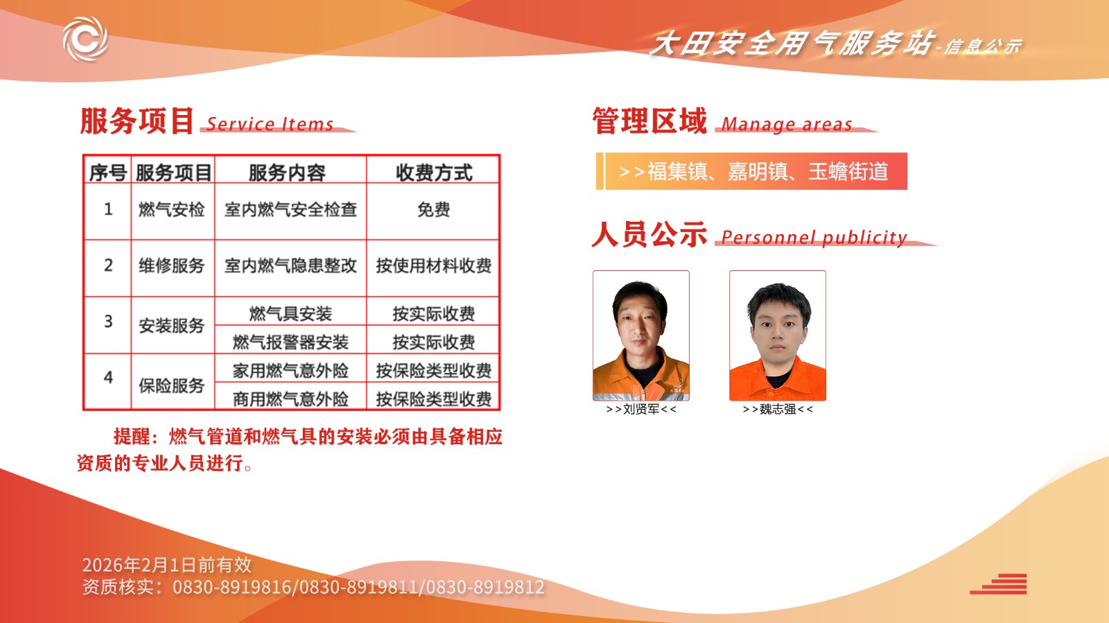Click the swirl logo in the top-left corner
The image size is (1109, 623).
click(85, 39)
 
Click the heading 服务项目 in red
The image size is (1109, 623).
click(137, 121)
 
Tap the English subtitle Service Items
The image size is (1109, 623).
click(270, 124)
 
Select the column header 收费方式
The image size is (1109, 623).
click(434, 173)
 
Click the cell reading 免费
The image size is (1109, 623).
click(434, 210)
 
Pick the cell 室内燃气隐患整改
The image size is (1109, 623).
click(290, 265)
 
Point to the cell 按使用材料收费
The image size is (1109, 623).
click(434, 265)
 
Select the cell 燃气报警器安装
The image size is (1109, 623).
click(290, 342)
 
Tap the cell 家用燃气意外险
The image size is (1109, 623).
click(290, 371)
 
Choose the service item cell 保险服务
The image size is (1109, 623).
click(172, 385)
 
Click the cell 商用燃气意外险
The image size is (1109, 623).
click(290, 399)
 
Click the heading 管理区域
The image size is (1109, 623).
click(650, 121)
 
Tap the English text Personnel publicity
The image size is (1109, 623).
click(814, 238)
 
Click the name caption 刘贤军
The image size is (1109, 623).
click(641, 410)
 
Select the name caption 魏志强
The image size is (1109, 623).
click(778, 410)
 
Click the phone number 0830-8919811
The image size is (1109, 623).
click(359, 588)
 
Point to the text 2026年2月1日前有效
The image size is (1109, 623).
click(167, 565)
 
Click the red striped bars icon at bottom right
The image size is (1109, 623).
click(998, 584)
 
